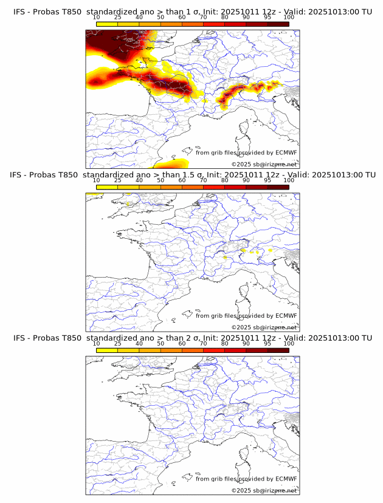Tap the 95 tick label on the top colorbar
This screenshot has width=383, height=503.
click(x=267, y=17)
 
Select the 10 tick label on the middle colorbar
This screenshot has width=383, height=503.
click(x=96, y=180)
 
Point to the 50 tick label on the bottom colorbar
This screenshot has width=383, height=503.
click(x=160, y=343)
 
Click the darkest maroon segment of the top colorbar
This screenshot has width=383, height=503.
click(x=278, y=24)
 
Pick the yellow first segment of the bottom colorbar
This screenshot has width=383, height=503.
click(x=107, y=350)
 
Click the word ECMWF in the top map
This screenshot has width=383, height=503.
click(x=286, y=152)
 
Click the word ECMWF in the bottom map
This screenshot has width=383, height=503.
click(x=286, y=479)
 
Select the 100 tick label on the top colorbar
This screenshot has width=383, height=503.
click(x=289, y=17)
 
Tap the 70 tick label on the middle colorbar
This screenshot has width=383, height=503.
click(x=203, y=180)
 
